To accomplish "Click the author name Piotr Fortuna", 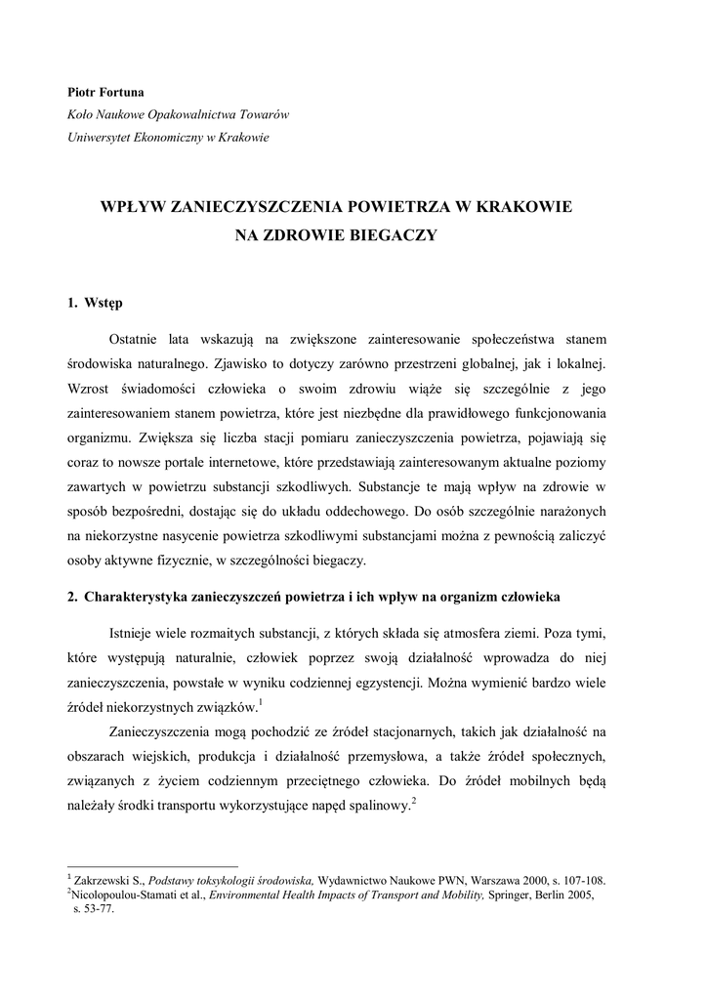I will point(104,92).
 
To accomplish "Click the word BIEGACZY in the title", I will point(390,234).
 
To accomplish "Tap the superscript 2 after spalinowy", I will point(414,802).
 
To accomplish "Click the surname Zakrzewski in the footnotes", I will point(102,879).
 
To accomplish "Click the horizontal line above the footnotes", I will point(151,865).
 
